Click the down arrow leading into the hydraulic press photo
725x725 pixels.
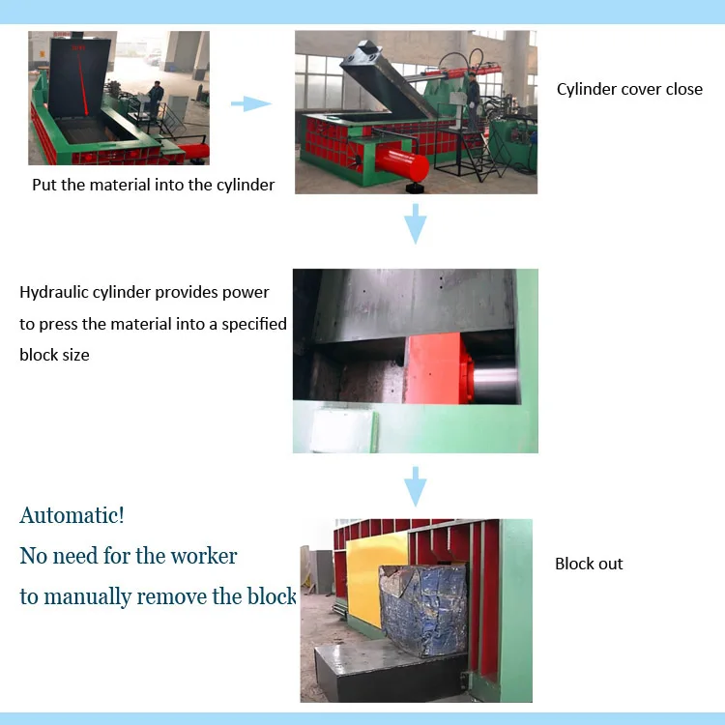coord(415,223)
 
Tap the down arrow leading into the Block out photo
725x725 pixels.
coord(415,486)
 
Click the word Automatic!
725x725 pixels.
coord(72,515)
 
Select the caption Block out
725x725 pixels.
coord(589,564)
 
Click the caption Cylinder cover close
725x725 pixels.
coord(629,89)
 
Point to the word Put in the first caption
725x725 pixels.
coord(44,185)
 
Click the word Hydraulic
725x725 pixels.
coord(57,292)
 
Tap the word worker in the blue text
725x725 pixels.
coord(203,556)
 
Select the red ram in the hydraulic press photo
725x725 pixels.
coord(435,367)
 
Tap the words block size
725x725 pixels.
coord(54,355)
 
